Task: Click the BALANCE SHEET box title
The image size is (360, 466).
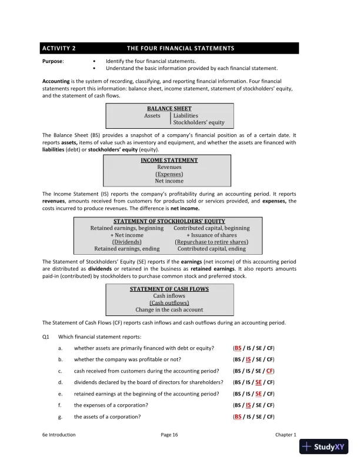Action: point(169,109)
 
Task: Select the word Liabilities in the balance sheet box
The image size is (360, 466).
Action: point(185,116)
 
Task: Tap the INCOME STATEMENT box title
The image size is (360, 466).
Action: point(169,160)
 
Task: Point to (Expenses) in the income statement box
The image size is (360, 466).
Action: point(169,174)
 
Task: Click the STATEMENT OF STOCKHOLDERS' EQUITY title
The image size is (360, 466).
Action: point(169,221)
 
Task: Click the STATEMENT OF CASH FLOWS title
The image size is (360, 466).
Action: point(169,289)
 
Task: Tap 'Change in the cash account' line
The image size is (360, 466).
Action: point(169,309)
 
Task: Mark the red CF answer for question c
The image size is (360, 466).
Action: point(269,371)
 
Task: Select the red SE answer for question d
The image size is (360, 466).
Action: point(258,382)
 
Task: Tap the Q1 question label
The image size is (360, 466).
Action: point(46,337)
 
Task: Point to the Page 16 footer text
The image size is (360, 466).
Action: point(169,435)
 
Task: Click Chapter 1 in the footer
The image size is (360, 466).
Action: point(286,435)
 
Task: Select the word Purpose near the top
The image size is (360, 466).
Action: point(53,61)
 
